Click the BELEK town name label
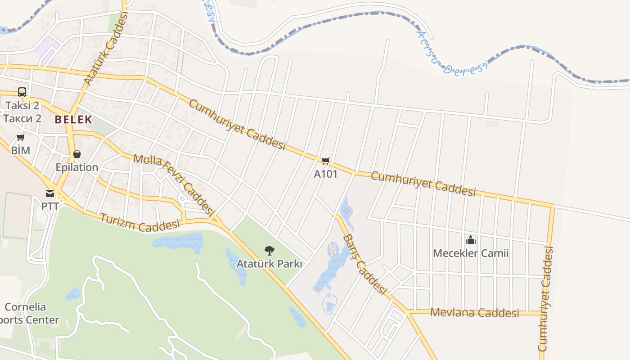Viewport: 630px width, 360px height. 73,120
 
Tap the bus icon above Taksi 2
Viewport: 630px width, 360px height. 22,92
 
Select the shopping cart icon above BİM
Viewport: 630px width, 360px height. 20,137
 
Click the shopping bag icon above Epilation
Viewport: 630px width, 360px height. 77,154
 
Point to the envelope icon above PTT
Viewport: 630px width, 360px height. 49,193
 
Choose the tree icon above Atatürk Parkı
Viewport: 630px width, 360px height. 269,250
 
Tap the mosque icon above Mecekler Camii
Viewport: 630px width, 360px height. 471,240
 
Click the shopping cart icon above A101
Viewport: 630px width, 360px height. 325,161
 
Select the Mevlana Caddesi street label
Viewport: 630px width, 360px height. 475,312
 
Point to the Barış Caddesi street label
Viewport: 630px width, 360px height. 364,264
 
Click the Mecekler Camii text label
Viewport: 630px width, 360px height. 471,253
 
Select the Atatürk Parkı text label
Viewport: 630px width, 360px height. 269,264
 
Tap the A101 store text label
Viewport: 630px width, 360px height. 325,174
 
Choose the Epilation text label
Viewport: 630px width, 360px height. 77,167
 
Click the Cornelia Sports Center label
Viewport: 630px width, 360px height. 27,314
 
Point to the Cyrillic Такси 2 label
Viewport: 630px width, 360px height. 22,118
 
